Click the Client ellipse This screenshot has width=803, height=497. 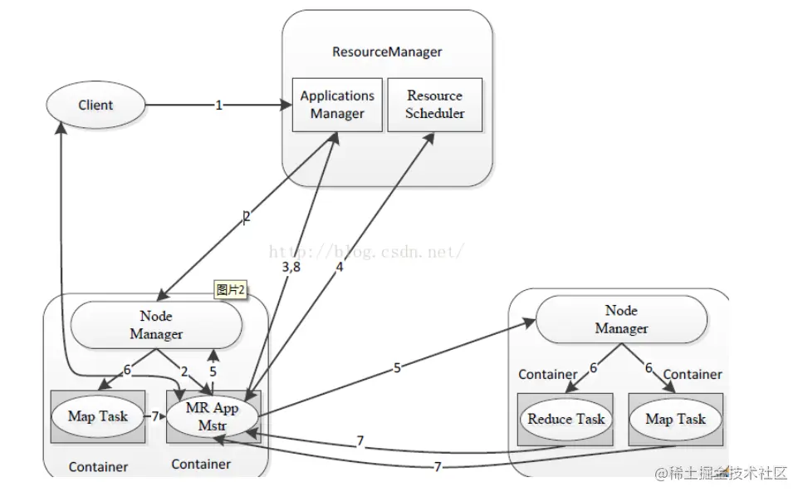tap(95, 106)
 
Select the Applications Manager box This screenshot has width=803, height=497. tap(337, 105)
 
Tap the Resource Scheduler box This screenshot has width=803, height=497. tap(434, 105)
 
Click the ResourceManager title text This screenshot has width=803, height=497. tap(387, 52)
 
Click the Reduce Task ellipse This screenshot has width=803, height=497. tap(566, 419)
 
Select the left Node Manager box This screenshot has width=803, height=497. tap(156, 325)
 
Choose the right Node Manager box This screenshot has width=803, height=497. tap(621, 319)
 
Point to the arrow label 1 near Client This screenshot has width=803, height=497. tap(218, 106)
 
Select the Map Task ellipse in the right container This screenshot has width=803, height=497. tap(675, 419)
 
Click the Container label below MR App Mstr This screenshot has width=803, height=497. tap(201, 464)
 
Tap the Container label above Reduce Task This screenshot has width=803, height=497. tap(548, 374)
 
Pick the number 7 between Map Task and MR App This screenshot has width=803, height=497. tap(154, 415)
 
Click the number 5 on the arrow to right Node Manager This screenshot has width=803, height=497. tap(397, 367)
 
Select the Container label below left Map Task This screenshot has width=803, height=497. tap(98, 466)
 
